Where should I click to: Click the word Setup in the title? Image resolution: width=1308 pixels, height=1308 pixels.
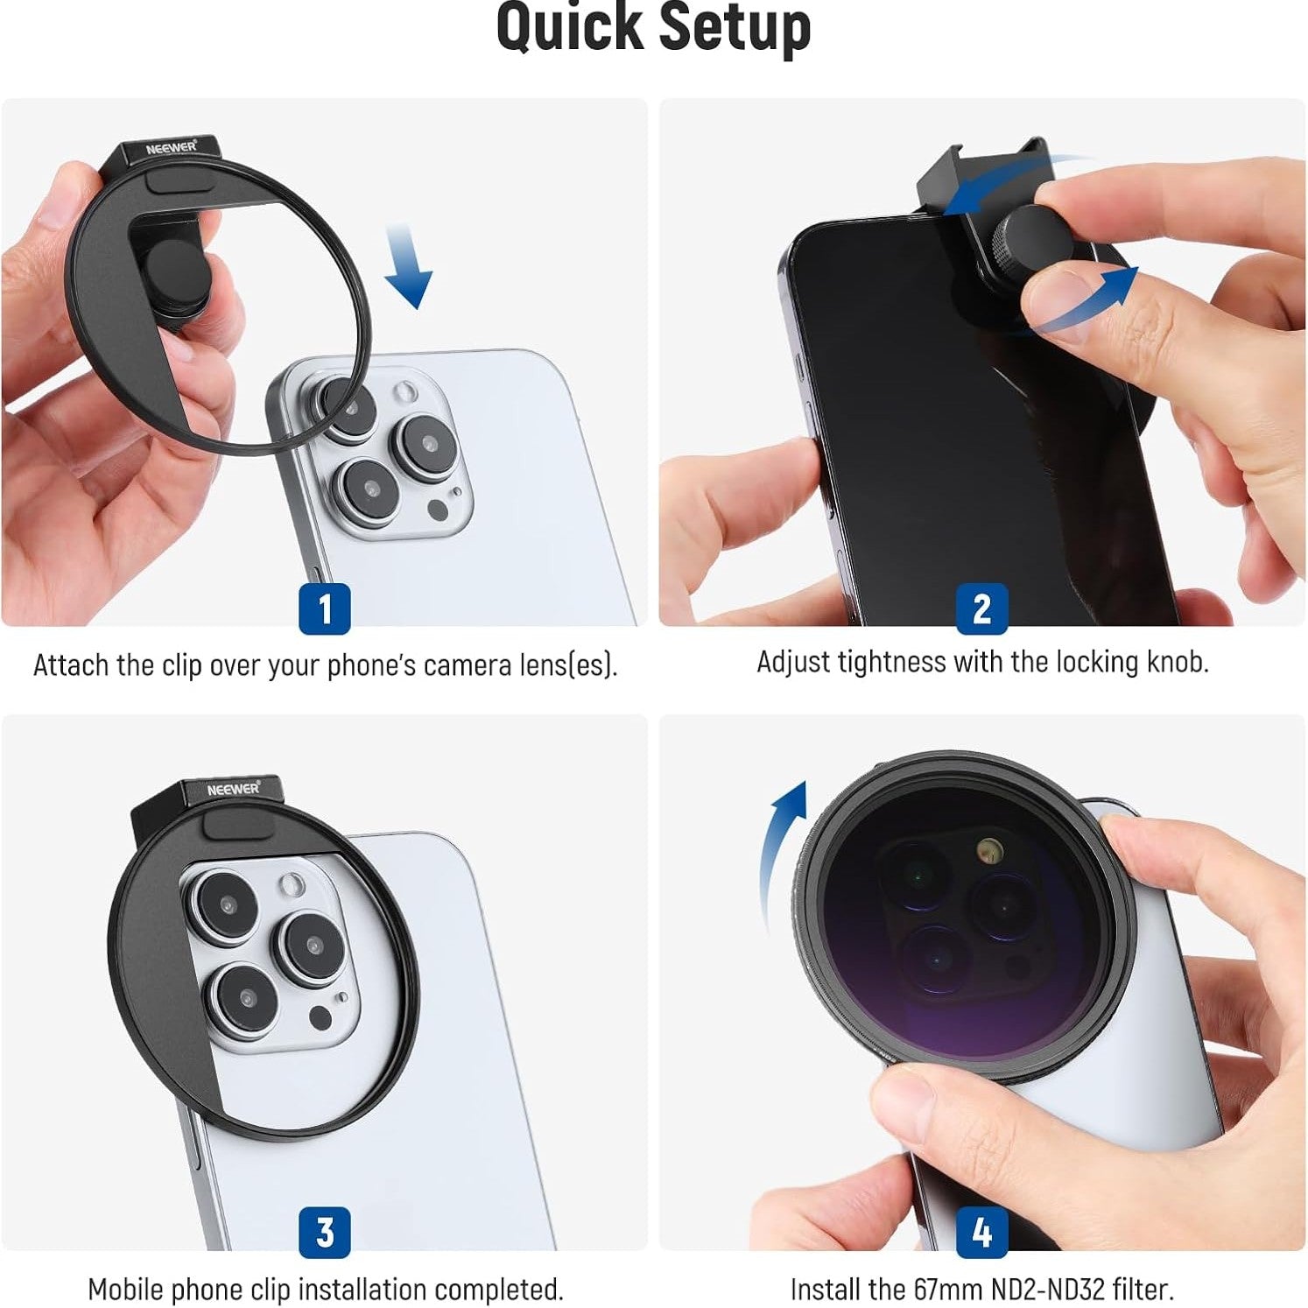click(x=735, y=29)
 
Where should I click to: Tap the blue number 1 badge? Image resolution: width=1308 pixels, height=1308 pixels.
click(x=325, y=608)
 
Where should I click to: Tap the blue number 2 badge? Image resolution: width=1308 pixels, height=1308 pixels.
click(x=982, y=608)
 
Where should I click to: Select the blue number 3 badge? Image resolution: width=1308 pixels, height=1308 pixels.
click(x=325, y=1232)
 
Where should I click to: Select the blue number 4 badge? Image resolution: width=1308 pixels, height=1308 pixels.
click(x=982, y=1232)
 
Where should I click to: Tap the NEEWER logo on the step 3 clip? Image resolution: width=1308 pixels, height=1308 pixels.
click(x=234, y=789)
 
